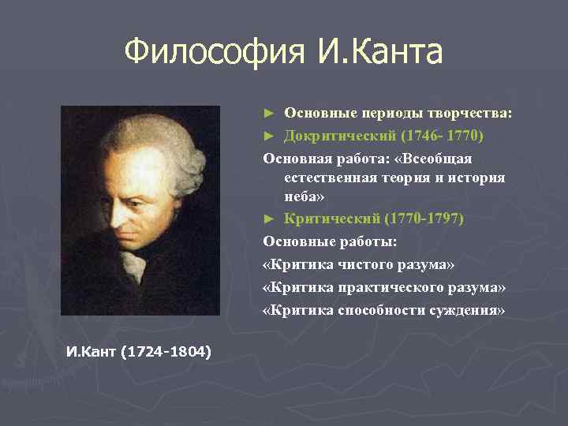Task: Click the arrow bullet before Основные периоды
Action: coord(269,113)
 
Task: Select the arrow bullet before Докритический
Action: coord(269,135)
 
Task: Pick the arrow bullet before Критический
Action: coord(269,218)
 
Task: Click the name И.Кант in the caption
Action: coord(93,350)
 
